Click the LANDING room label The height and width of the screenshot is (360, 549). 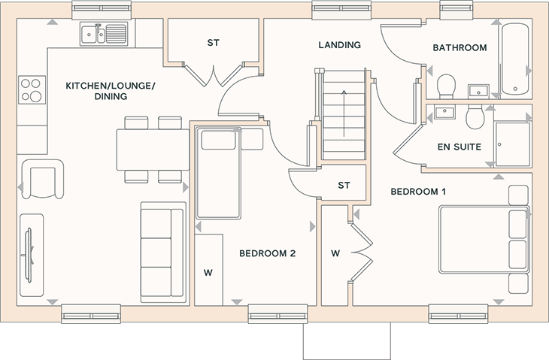pos(339,45)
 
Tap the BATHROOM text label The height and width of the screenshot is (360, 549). pos(460,47)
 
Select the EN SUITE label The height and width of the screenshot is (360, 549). pos(460,147)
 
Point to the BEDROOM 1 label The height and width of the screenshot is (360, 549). pos(418,192)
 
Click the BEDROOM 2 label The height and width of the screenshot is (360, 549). pos(268,253)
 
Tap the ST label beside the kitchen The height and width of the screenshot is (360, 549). pos(214,43)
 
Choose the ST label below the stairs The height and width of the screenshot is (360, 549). pos(344,185)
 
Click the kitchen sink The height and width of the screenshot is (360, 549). pos(104,34)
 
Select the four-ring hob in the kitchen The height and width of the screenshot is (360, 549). pos(32,90)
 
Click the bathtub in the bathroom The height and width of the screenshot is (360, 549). pos(515,59)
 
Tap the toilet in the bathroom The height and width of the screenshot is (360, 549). pos(446,86)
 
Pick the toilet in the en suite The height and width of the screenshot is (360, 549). pos(475,116)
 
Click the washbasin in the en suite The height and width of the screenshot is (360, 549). pos(444,112)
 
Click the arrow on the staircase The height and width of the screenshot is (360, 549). pos(344,113)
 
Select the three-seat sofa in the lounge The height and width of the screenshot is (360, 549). pos(163,253)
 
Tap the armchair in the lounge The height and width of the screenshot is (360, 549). pos(42,179)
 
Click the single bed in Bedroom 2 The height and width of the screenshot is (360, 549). pos(218,173)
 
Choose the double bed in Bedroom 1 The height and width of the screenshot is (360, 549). pos(484,239)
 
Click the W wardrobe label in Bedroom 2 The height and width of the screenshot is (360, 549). pos(208,273)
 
